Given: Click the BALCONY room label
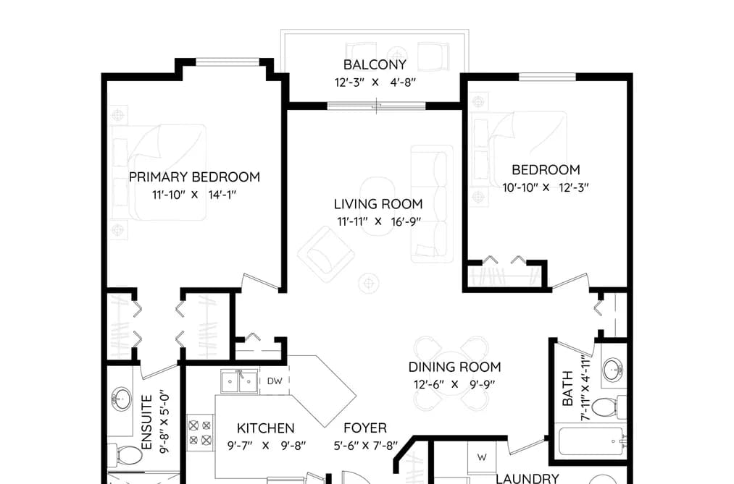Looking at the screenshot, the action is point(375,64).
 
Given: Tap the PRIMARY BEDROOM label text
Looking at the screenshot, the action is point(194,177).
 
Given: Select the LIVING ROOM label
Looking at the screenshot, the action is point(378,204).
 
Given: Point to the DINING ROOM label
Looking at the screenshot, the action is point(454,368).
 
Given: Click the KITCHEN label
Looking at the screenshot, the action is point(265,428).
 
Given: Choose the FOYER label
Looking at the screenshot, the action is point(365,428).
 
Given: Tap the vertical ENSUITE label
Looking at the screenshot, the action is point(147,423).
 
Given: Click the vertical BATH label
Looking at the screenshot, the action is point(567,389).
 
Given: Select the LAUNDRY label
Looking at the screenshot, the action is point(527,478).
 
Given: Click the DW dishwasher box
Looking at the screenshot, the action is point(275,381).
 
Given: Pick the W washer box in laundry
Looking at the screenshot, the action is point(482,457).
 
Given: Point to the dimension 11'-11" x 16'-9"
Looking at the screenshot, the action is point(378,222).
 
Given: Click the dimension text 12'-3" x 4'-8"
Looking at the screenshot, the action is point(375,82).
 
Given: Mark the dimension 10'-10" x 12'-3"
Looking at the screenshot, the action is point(546,188).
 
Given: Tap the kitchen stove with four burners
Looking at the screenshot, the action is point(201,433).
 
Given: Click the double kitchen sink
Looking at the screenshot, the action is point(240,381).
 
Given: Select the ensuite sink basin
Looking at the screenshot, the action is point(121,399).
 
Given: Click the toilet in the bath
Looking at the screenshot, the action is point(609,407).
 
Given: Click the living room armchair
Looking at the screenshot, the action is point(326,255).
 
